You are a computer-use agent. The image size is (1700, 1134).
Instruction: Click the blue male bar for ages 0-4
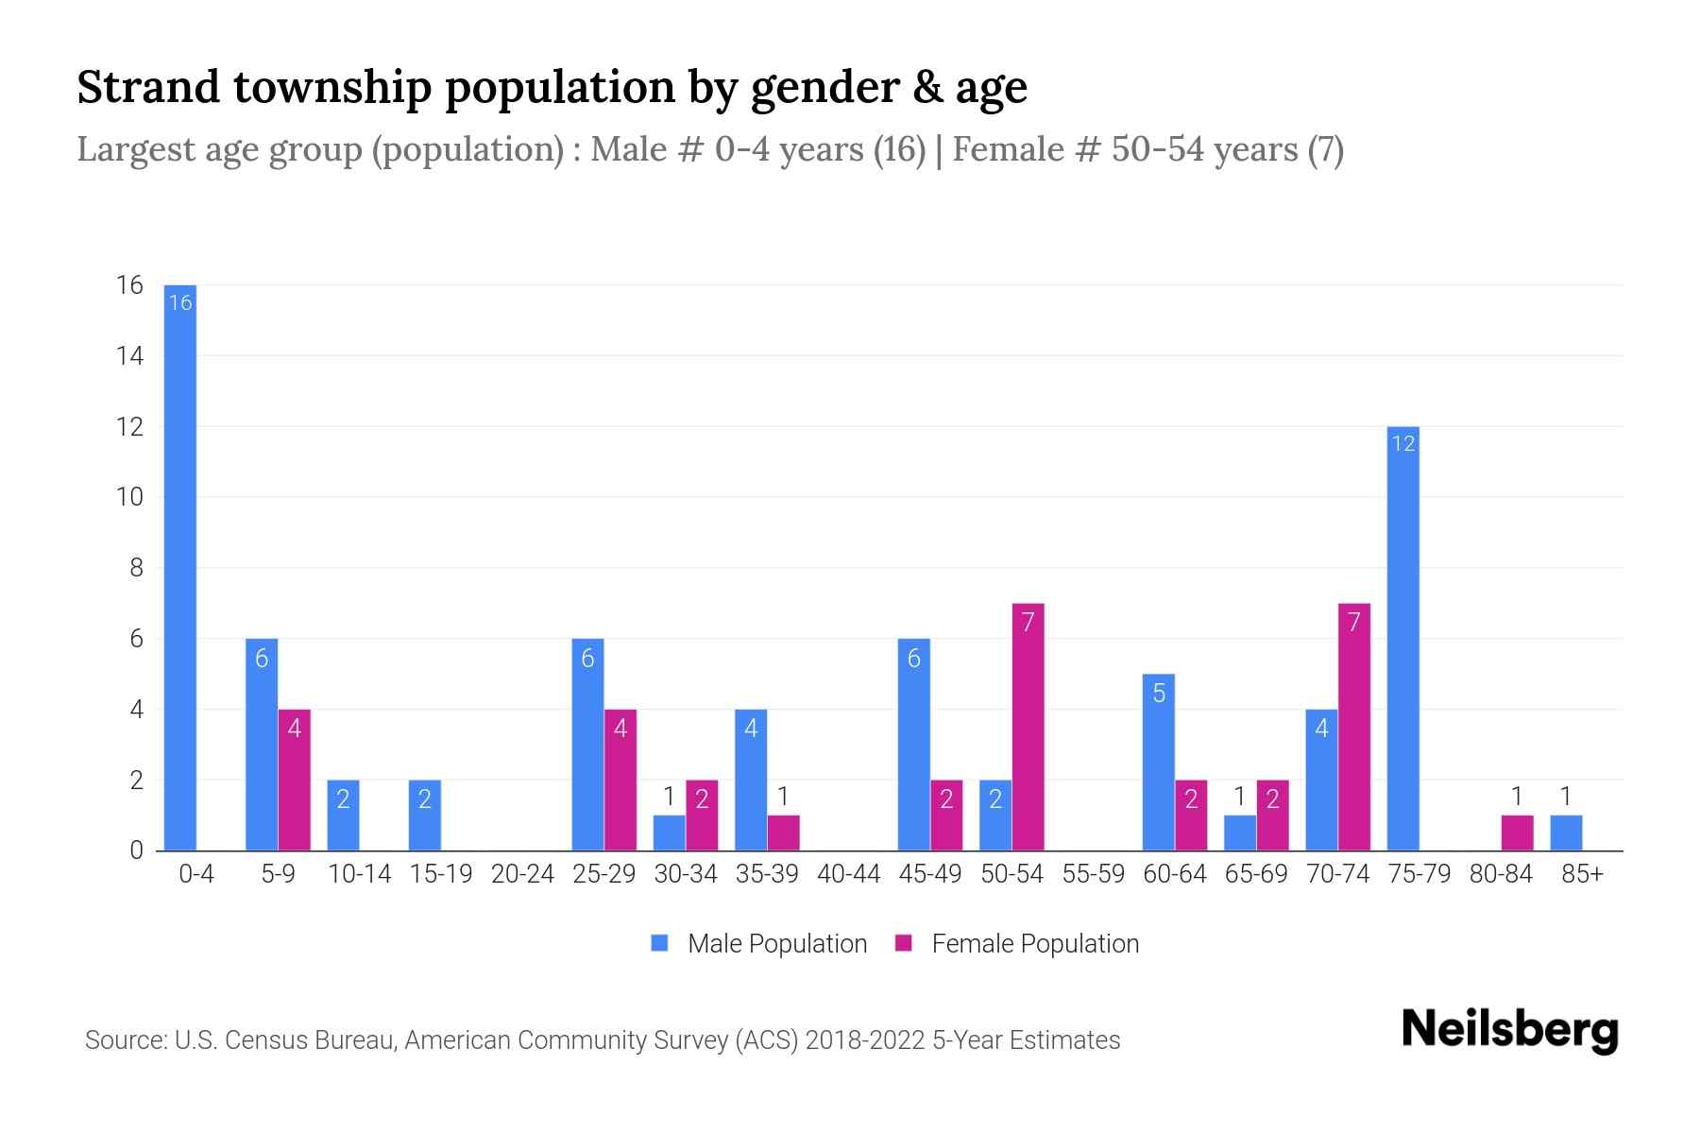[179, 567]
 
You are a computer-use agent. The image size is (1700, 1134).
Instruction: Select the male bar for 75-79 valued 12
[1402, 639]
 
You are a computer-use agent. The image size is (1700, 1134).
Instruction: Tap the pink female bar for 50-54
[1028, 727]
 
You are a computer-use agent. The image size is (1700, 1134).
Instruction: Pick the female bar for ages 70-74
[1353, 727]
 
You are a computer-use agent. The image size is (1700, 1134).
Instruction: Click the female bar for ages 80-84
[1517, 833]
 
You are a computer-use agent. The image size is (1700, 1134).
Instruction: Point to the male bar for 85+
[1565, 833]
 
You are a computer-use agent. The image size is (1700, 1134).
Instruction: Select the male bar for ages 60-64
[1158, 762]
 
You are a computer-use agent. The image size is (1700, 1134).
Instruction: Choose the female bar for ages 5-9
[294, 780]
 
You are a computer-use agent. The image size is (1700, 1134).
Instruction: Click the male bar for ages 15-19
[424, 815]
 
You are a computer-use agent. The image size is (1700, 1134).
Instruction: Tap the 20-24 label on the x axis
[522, 874]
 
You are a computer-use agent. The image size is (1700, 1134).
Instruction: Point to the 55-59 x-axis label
[1093, 874]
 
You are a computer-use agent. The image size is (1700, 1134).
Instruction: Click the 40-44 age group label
[848, 874]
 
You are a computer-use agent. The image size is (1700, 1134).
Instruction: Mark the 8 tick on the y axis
[136, 568]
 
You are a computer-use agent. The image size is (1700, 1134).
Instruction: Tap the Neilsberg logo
[1509, 1030]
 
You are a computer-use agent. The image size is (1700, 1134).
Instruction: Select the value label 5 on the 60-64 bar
[1158, 694]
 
